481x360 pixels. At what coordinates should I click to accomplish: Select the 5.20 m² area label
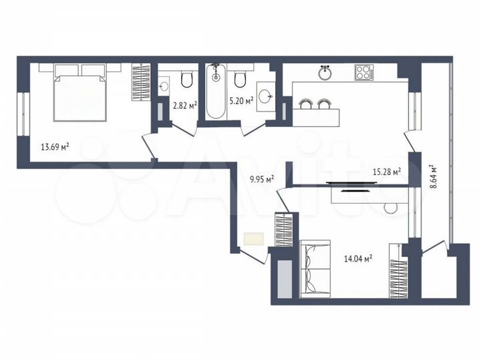point(240,102)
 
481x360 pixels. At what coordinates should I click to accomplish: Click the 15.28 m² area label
point(386,172)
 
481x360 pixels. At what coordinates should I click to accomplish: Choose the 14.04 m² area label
point(357,257)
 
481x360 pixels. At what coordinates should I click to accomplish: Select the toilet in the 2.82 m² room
point(186,81)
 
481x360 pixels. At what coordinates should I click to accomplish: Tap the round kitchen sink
point(325,72)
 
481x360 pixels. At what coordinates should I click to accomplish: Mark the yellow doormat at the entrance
point(254,238)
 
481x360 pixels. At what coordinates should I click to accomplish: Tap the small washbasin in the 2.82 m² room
point(164,85)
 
